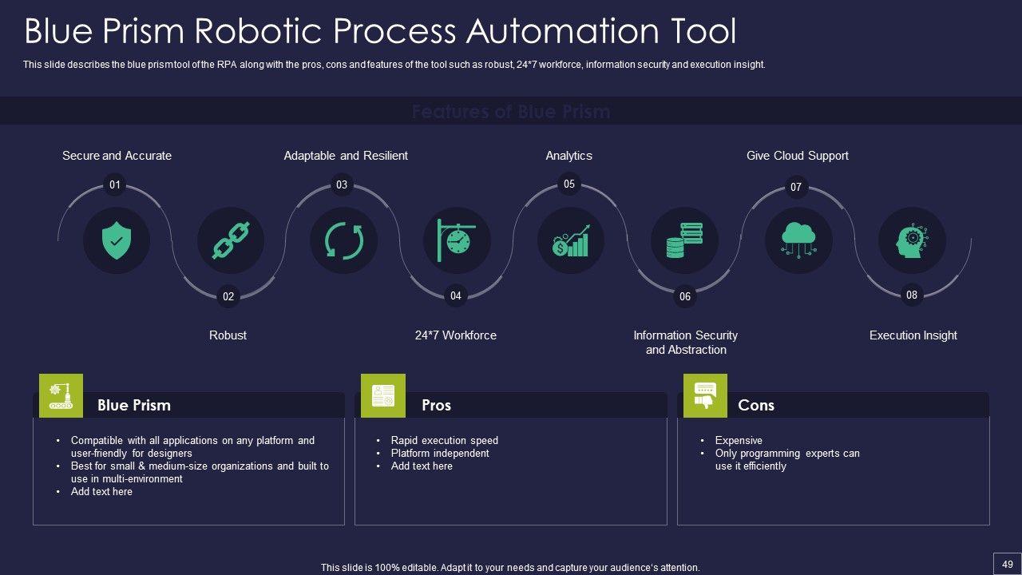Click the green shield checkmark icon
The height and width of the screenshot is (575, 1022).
tap(117, 240)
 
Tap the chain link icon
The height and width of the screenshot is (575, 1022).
tap(231, 240)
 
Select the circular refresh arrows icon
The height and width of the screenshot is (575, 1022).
tap(343, 240)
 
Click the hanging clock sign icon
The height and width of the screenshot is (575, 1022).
tap(457, 240)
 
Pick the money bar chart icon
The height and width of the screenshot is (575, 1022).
tap(570, 240)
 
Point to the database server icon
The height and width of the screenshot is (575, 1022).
tap(684, 240)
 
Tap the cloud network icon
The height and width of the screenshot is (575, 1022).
tap(798, 240)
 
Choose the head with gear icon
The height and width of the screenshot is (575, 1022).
tap(912, 240)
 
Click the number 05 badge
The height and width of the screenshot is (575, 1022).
tap(569, 184)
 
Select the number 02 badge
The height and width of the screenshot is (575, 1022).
tap(228, 297)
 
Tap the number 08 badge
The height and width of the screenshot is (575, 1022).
tap(912, 295)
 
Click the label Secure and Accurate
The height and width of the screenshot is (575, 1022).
tap(117, 156)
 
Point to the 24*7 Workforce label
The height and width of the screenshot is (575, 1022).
tap(456, 335)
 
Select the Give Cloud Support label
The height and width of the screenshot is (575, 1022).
tap(797, 156)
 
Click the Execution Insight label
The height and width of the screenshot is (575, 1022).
tap(913, 335)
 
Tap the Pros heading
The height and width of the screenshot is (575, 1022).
tap(436, 405)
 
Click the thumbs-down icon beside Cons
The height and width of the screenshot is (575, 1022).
tap(705, 395)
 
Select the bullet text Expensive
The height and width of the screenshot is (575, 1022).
tap(739, 440)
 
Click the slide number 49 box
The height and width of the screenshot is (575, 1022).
tap(1007, 563)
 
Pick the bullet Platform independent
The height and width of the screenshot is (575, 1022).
tap(440, 453)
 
